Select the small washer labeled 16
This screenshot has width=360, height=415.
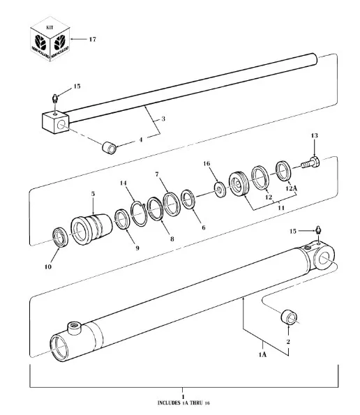(x=220, y=188)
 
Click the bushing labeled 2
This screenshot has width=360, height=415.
(x=288, y=319)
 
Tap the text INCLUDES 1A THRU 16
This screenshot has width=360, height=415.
(x=183, y=402)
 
